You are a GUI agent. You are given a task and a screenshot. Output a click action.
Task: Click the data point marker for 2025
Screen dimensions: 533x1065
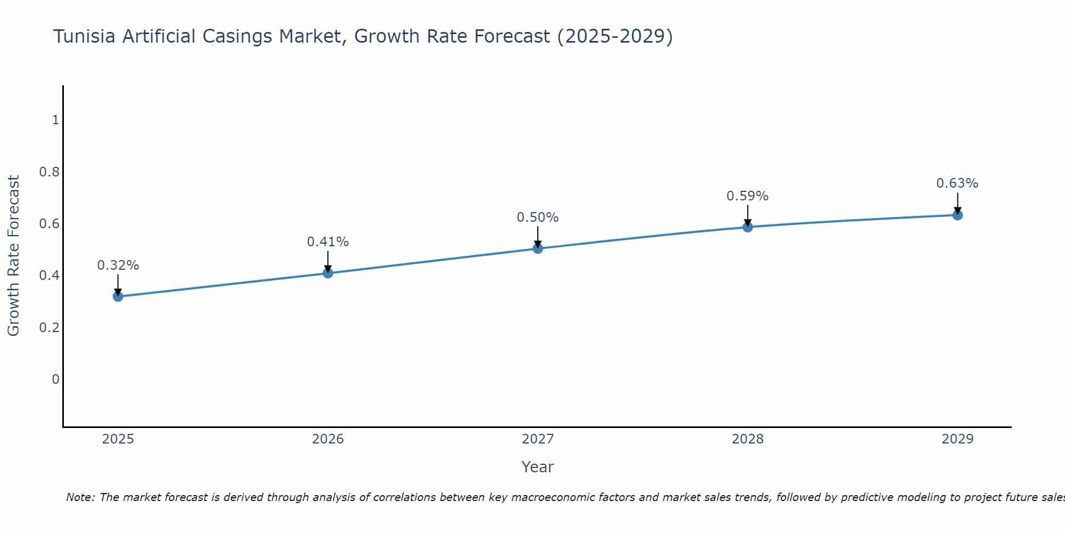click(x=118, y=296)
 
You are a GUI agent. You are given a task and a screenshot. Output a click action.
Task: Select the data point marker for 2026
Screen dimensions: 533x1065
click(x=328, y=273)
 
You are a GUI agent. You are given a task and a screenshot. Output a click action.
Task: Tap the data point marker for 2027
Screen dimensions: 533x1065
click(x=538, y=248)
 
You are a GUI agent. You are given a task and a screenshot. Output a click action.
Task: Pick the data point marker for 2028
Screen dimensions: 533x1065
click(x=748, y=227)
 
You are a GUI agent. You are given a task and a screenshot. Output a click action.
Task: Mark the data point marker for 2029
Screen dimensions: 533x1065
click(x=957, y=215)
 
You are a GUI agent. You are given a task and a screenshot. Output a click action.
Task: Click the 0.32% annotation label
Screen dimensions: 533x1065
click(x=118, y=265)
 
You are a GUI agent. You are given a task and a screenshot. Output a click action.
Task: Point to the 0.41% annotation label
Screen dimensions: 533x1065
click(x=328, y=242)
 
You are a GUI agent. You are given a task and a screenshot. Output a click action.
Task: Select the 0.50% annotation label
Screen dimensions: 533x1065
click(x=538, y=217)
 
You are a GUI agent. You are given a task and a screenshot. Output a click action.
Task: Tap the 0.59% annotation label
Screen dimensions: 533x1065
click(x=748, y=196)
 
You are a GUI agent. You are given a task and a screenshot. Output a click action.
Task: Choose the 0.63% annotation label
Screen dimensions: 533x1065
click(x=957, y=183)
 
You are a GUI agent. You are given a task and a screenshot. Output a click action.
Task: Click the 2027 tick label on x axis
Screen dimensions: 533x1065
click(x=538, y=439)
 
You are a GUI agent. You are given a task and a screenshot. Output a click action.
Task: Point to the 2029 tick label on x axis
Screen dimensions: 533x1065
click(x=957, y=439)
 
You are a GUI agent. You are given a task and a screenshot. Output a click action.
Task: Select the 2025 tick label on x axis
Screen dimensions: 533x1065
click(x=118, y=439)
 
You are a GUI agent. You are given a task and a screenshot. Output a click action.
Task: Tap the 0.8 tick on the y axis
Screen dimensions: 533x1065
click(x=49, y=172)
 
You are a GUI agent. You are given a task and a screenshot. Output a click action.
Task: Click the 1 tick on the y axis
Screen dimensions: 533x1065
click(x=55, y=120)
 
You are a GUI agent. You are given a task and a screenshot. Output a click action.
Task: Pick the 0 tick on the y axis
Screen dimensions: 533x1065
click(x=55, y=379)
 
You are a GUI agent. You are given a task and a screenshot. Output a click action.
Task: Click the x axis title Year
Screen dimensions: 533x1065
click(x=538, y=467)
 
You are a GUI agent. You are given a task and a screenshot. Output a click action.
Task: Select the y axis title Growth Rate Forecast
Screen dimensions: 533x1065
click(x=14, y=256)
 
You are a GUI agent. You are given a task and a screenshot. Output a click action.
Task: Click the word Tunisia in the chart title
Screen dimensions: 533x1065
click(x=85, y=37)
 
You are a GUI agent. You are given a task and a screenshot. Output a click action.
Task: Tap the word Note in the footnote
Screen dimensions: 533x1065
click(x=79, y=497)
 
